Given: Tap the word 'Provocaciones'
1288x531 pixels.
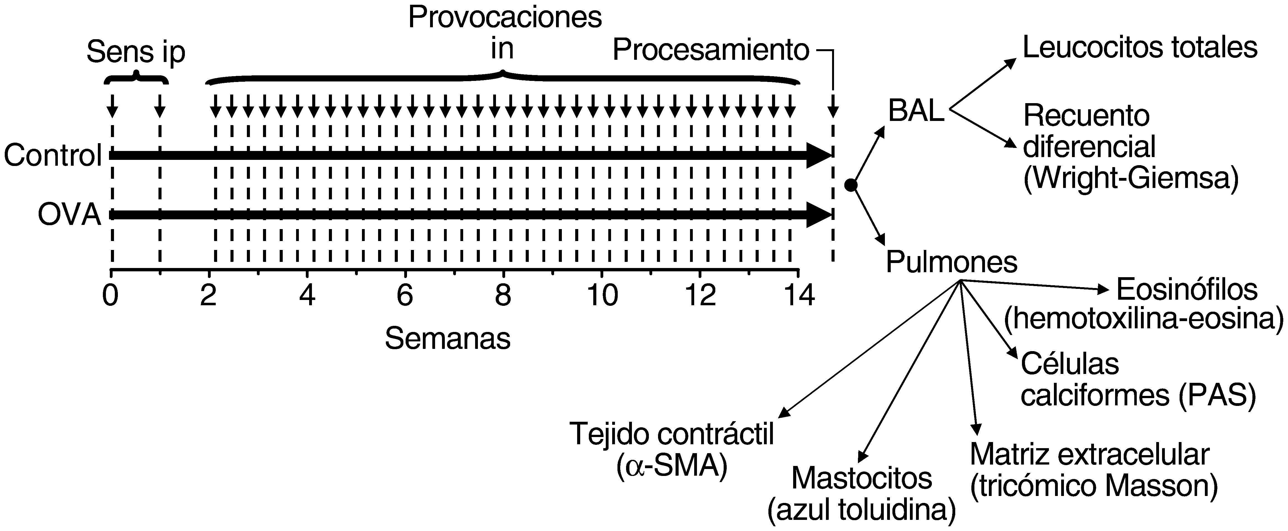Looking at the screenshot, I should click(505, 19).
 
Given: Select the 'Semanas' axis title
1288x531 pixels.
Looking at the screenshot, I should click(448, 339).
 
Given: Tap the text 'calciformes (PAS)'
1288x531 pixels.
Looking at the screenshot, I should click(1138, 396).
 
